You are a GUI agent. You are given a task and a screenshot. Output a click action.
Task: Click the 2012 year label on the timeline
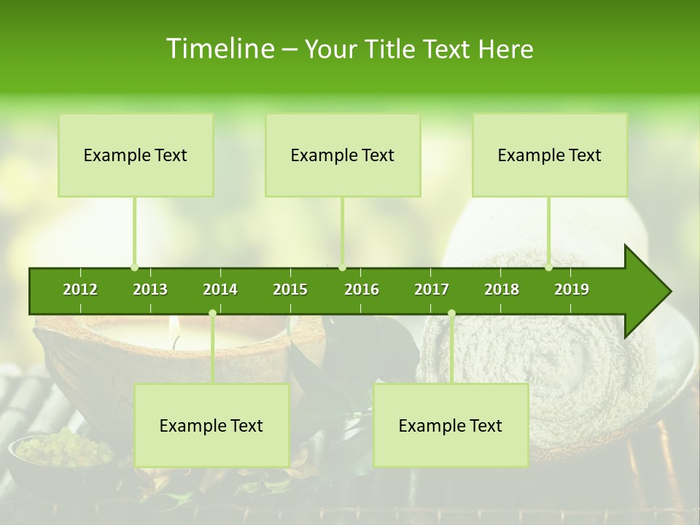pos(80,289)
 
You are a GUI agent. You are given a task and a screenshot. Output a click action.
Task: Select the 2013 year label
pos(150,289)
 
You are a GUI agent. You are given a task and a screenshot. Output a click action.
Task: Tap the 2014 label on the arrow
pos(220,289)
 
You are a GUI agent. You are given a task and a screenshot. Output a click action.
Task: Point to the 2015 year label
pos(290,289)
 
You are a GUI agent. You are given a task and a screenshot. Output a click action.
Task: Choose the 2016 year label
pos(362,289)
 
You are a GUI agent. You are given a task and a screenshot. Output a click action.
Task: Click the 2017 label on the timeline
pos(432,289)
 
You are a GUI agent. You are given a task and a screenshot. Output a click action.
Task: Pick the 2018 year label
pos(502,289)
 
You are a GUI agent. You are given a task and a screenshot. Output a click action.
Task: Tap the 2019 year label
pos(572,289)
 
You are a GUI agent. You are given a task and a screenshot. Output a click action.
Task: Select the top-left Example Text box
pos(136,155)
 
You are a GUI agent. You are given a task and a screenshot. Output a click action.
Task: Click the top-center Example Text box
pos(343,155)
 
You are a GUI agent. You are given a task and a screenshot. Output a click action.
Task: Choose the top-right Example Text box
pos(550,155)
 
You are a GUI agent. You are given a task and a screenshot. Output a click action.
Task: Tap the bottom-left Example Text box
pos(211,425)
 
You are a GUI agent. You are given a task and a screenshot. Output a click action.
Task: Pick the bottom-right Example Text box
pos(451,425)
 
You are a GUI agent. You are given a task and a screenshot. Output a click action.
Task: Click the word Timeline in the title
pos(219,49)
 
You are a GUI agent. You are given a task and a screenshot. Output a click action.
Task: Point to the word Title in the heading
pos(394,49)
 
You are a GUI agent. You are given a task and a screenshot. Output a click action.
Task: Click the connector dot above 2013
pos(135,267)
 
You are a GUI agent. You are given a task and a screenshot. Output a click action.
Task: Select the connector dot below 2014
pos(212,313)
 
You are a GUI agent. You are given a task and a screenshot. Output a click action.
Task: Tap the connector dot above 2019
pos(548,267)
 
